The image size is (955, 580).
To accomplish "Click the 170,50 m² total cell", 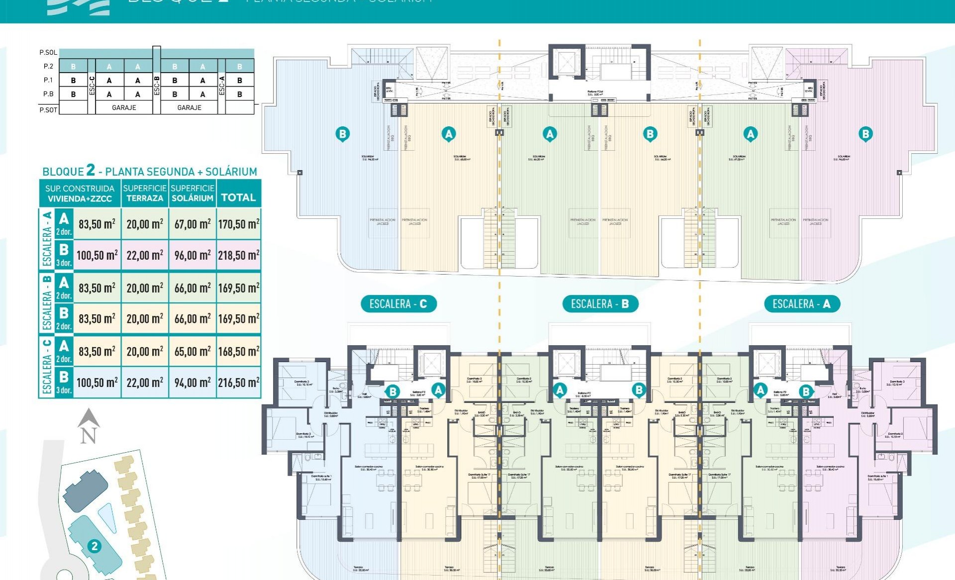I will pos(239,224).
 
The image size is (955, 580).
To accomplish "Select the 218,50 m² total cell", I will pos(239,256).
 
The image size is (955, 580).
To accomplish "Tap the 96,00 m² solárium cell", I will pos(192,256).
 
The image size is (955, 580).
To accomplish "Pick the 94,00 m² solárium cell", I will pos(192,383).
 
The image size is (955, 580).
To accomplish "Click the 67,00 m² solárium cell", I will pos(192,224).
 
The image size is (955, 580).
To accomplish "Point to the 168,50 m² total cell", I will pos(239,352).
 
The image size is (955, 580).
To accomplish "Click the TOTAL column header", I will pos(239,197).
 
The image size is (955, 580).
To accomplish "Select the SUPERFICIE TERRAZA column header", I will pos(145,193).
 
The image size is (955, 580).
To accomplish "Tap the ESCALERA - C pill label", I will pos(398,304).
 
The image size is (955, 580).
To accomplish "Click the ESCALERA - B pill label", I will pos(600,304).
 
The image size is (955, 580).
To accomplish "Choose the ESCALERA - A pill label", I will pos(801,304).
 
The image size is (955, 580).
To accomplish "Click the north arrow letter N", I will pos(89,436).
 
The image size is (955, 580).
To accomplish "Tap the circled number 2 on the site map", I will pos(94,546).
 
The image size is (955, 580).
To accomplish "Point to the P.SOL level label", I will pos(48,52).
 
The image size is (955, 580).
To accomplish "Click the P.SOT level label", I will pos(48,110).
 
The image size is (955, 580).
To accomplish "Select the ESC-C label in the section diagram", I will pos(92,86).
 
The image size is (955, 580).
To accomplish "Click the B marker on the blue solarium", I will pos(342,134).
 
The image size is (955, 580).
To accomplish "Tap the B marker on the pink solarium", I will pos(865,134).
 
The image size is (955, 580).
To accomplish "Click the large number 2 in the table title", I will pos(90,170).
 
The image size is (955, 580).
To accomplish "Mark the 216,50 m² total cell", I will pos(239,383).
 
